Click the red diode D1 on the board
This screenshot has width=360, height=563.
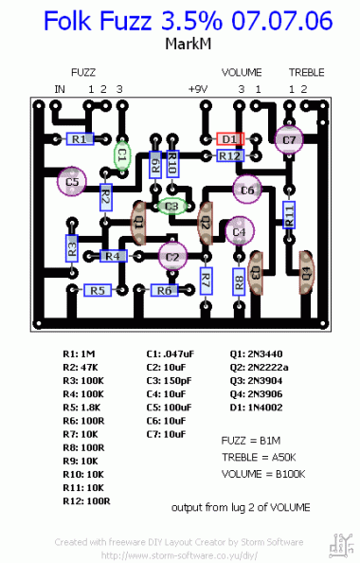[x=230, y=138]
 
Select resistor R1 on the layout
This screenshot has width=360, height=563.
[x=80, y=139]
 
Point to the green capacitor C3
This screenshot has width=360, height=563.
[x=171, y=206]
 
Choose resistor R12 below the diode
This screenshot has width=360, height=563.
[x=230, y=154]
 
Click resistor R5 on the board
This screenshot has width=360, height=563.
[x=98, y=290]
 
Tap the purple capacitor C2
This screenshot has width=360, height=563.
[x=171, y=256]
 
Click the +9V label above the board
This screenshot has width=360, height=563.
[x=196, y=88]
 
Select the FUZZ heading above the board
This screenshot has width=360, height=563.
[x=83, y=72]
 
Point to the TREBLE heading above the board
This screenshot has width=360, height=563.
[x=306, y=72]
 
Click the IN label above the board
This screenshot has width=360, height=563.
[x=60, y=88]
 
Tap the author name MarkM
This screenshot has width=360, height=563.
[x=180, y=44]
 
